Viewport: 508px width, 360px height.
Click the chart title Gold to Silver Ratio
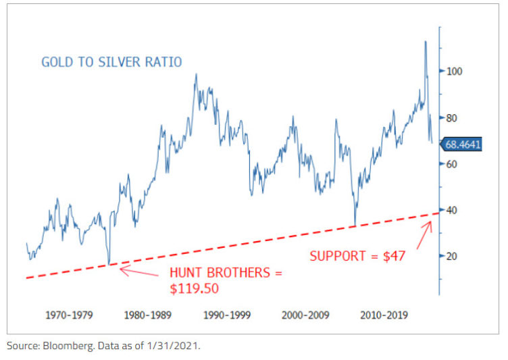111,62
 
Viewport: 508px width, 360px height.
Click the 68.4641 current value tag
462,144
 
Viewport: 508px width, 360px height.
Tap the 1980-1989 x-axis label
147,315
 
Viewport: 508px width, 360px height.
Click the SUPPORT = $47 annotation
362,256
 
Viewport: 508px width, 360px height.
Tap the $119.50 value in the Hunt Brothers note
196,289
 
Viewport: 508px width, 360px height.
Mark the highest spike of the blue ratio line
425,42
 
